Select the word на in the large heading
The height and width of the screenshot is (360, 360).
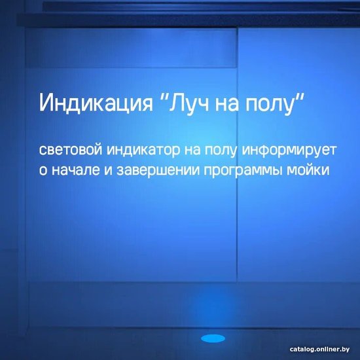226,105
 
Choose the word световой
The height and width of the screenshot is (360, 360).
71,150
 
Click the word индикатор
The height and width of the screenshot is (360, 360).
143,151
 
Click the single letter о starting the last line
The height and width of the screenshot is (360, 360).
43,171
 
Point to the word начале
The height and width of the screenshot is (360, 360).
76,171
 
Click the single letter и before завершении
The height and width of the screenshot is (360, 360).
108,171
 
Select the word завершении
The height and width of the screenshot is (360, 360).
158,171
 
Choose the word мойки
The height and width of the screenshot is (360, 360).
308,170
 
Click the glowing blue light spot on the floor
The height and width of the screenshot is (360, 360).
213,338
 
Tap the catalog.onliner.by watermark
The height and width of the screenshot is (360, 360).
319,349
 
